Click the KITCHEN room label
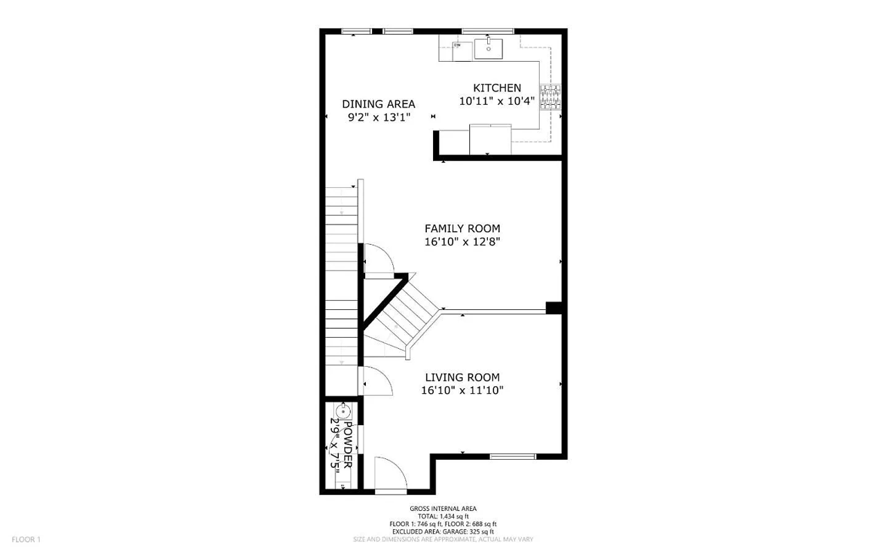pos(497,88)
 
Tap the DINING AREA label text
pos(378,104)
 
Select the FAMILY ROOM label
pos(462,228)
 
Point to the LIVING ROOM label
pos(462,377)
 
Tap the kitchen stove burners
pos(550,97)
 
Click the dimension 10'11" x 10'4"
pos(497,101)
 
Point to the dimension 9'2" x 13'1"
pos(378,117)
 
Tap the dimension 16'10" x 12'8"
pos(462,242)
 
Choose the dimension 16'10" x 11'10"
pos(462,390)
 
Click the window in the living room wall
pos(513,456)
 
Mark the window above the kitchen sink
pos(488,31)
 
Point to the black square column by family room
pos(553,308)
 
